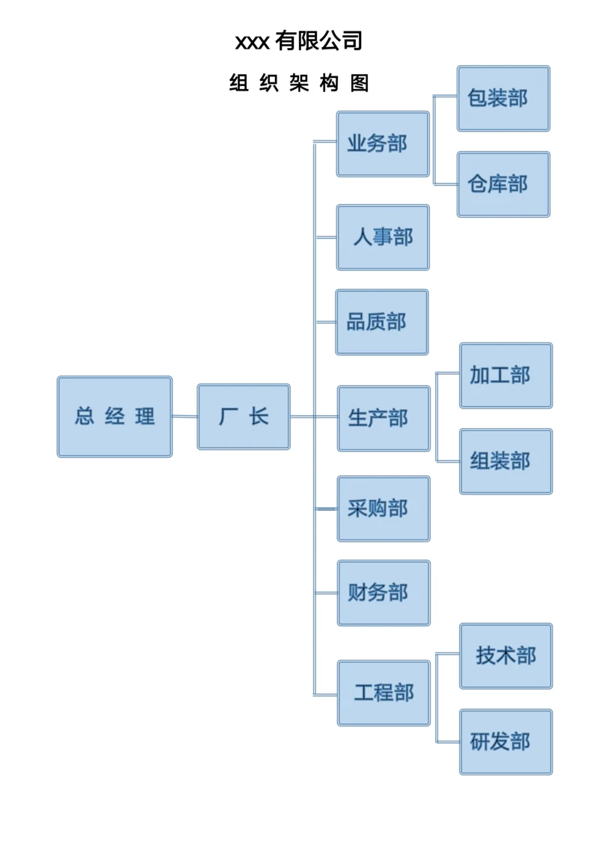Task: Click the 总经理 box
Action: pos(114,417)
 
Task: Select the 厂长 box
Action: pos(244,417)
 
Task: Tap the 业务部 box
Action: pos(383,144)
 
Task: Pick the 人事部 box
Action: pos(383,237)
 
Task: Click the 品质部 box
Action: pos(382,322)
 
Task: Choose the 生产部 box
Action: pos(383,418)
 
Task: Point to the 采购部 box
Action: pos(383,509)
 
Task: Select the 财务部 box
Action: pos(383,593)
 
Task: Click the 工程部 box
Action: pos(383,693)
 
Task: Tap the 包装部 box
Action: pos(503,98)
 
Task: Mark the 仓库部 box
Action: pos(503,184)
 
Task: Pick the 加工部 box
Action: pos(505,376)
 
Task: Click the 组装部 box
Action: pos(505,461)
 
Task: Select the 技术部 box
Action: pos(505,656)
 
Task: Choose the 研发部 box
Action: pos(505,741)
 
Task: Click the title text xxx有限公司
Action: pos(299,40)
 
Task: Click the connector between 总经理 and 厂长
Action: pos(185,417)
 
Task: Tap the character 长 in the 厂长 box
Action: pos(259,417)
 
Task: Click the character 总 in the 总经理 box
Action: pos(84,417)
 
